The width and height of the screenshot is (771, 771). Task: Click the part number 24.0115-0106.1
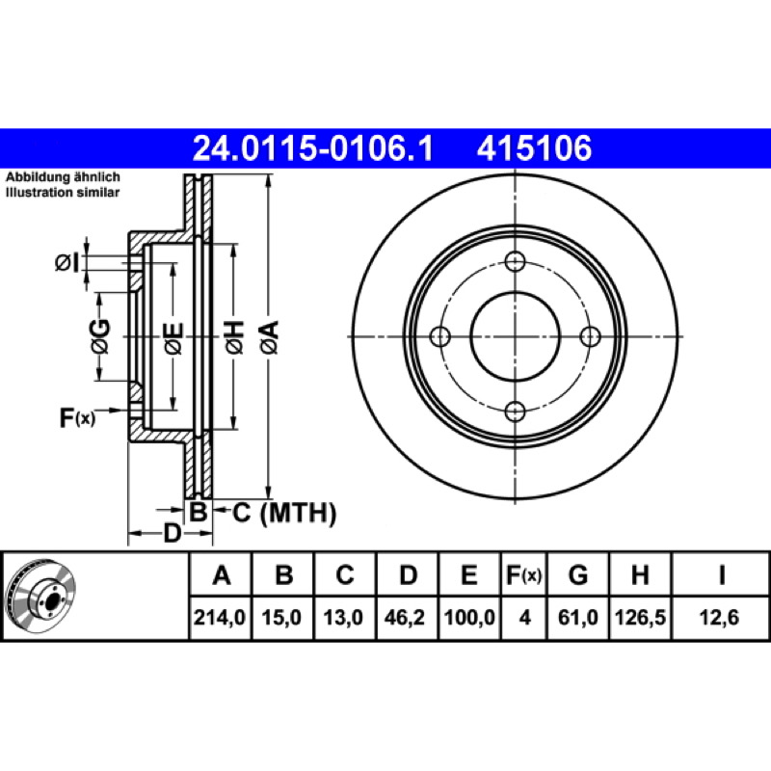point(312,148)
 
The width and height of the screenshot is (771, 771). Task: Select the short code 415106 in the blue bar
point(535,148)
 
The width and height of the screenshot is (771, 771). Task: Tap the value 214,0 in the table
point(220,618)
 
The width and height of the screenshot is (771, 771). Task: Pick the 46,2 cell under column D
point(405,618)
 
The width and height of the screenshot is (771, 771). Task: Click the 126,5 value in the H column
point(640,618)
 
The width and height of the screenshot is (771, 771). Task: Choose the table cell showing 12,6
point(719,618)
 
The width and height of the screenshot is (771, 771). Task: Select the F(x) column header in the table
point(524,574)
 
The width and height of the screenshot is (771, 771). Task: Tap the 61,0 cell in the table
point(577,618)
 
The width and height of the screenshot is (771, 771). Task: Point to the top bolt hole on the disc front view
point(515,261)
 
